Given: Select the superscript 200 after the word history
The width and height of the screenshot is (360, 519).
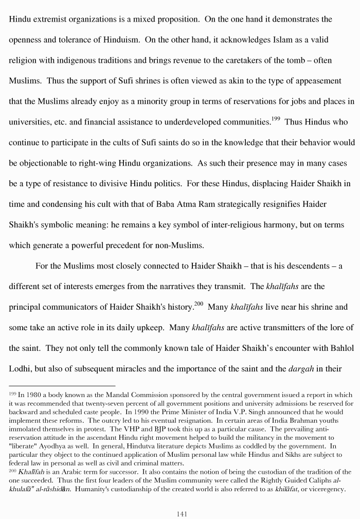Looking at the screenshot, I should pyautogui.click(x=199, y=304).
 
